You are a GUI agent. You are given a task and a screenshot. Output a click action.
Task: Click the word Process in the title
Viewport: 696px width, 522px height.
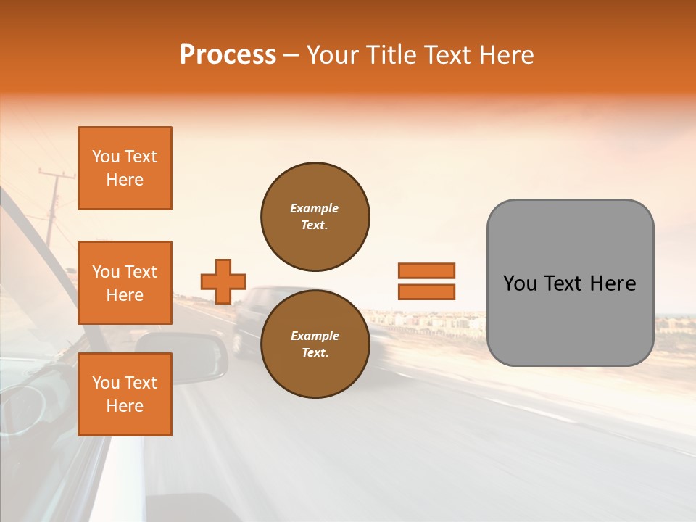point(228,55)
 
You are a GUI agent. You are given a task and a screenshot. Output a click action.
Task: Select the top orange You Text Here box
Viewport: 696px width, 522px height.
point(125,168)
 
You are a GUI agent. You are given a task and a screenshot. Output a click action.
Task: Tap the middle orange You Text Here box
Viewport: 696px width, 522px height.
point(125,283)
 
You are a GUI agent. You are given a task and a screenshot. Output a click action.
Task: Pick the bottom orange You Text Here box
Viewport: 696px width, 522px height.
point(125,394)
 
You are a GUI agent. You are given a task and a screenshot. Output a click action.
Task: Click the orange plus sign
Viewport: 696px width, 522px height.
point(223,281)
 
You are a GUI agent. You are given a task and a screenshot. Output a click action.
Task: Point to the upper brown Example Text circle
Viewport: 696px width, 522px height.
point(315,217)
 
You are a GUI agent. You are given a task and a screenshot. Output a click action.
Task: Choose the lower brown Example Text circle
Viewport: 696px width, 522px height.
point(315,344)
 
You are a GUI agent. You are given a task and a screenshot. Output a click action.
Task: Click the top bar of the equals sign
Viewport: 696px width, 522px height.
point(426,270)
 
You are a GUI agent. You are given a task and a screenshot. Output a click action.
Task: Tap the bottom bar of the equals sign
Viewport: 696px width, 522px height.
point(426,291)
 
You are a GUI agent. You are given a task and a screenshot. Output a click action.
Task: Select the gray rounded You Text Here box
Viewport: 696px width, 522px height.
point(570,283)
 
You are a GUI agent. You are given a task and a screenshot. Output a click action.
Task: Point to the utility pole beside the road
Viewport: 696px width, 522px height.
point(53,207)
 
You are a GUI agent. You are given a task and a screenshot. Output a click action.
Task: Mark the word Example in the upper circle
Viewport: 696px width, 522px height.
point(315,208)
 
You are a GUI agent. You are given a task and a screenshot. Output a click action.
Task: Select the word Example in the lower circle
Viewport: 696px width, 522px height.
point(315,336)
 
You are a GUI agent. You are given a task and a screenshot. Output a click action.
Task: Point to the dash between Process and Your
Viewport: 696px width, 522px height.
point(291,56)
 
